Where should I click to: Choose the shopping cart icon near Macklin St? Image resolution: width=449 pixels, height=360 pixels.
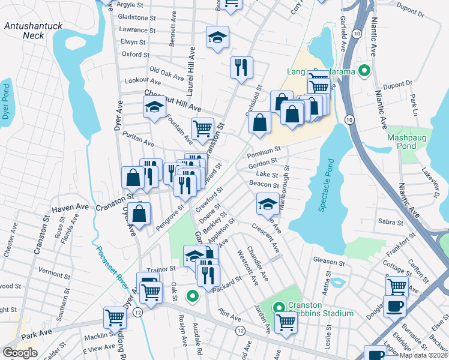pyautogui.click(x=115, y=317)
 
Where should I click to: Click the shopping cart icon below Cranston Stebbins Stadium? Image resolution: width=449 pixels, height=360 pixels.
pyautogui.click(x=286, y=322)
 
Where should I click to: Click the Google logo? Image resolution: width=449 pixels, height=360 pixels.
pyautogui.click(x=20, y=353)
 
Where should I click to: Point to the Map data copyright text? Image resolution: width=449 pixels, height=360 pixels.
pyautogui.click(x=424, y=355)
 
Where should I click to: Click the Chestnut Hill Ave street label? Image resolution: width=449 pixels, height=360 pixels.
pyautogui.click(x=172, y=101)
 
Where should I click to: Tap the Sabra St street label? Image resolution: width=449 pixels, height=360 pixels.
pyautogui.click(x=390, y=221)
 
